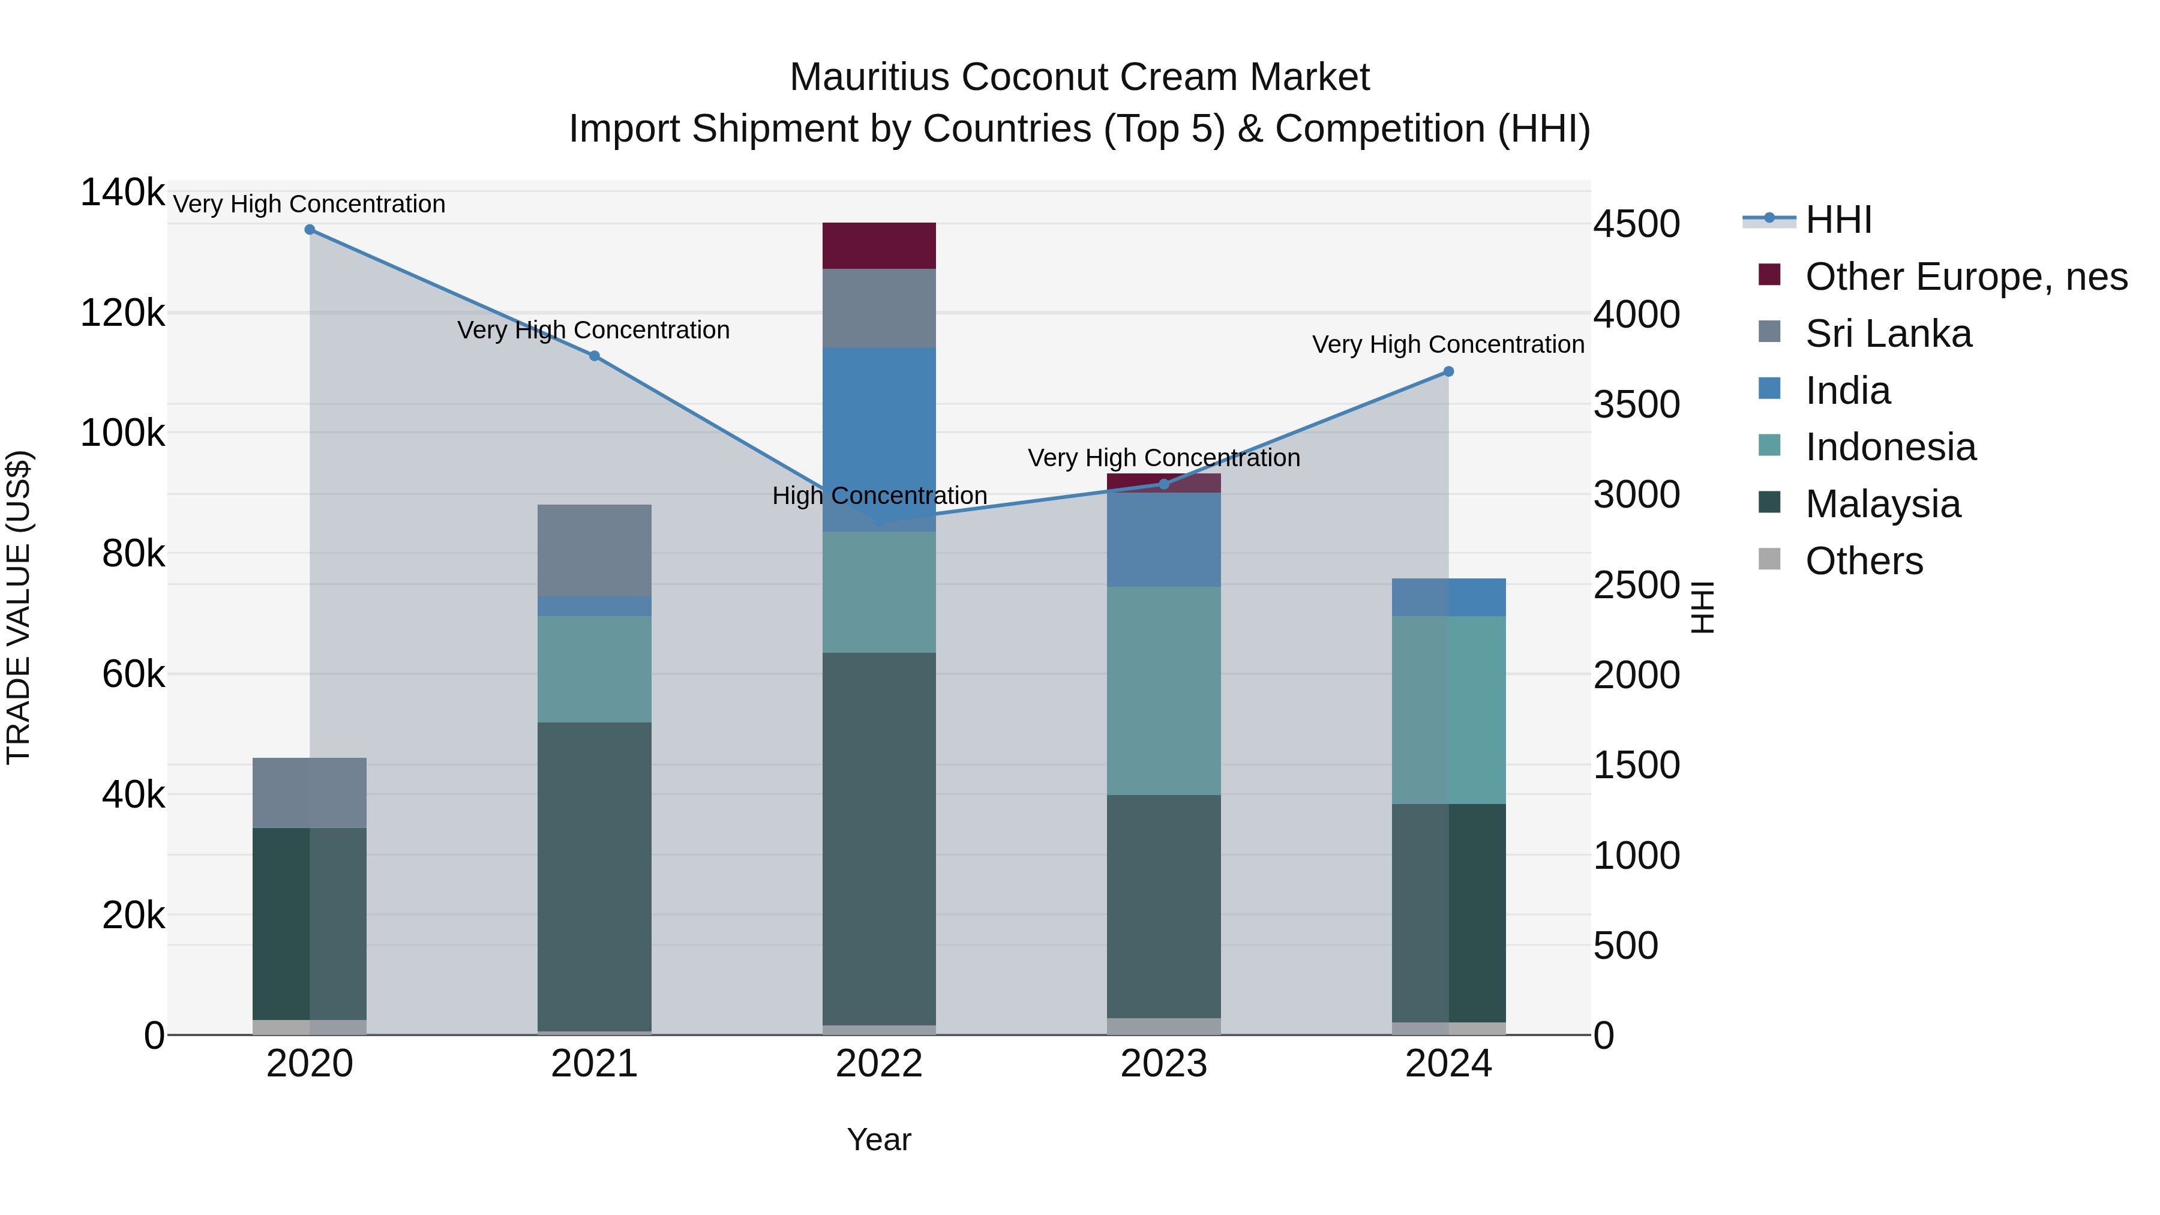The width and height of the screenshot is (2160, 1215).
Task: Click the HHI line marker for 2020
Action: click(x=310, y=230)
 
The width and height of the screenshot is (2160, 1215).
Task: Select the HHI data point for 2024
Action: click(x=1448, y=371)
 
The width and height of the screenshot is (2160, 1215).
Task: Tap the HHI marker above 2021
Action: click(x=595, y=356)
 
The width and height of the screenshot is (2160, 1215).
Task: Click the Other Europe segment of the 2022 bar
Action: click(x=879, y=245)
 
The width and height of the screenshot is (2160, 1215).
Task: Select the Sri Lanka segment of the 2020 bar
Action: click(x=310, y=793)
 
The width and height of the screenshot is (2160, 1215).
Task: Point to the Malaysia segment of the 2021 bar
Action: click(x=595, y=876)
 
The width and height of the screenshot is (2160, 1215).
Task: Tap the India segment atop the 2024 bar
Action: click(x=1448, y=597)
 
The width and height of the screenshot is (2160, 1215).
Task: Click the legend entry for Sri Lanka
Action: click(x=1888, y=334)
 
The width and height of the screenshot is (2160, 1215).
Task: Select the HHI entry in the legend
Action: click(x=1838, y=220)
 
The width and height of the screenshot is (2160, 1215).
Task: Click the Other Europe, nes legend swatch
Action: click(x=1769, y=275)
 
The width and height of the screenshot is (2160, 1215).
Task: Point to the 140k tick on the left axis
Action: click(x=122, y=193)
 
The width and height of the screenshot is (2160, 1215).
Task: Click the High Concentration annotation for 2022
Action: click(x=879, y=496)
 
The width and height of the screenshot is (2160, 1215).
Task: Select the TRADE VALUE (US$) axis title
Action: click(x=19, y=607)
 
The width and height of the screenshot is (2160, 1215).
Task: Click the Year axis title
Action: click(x=879, y=1139)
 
